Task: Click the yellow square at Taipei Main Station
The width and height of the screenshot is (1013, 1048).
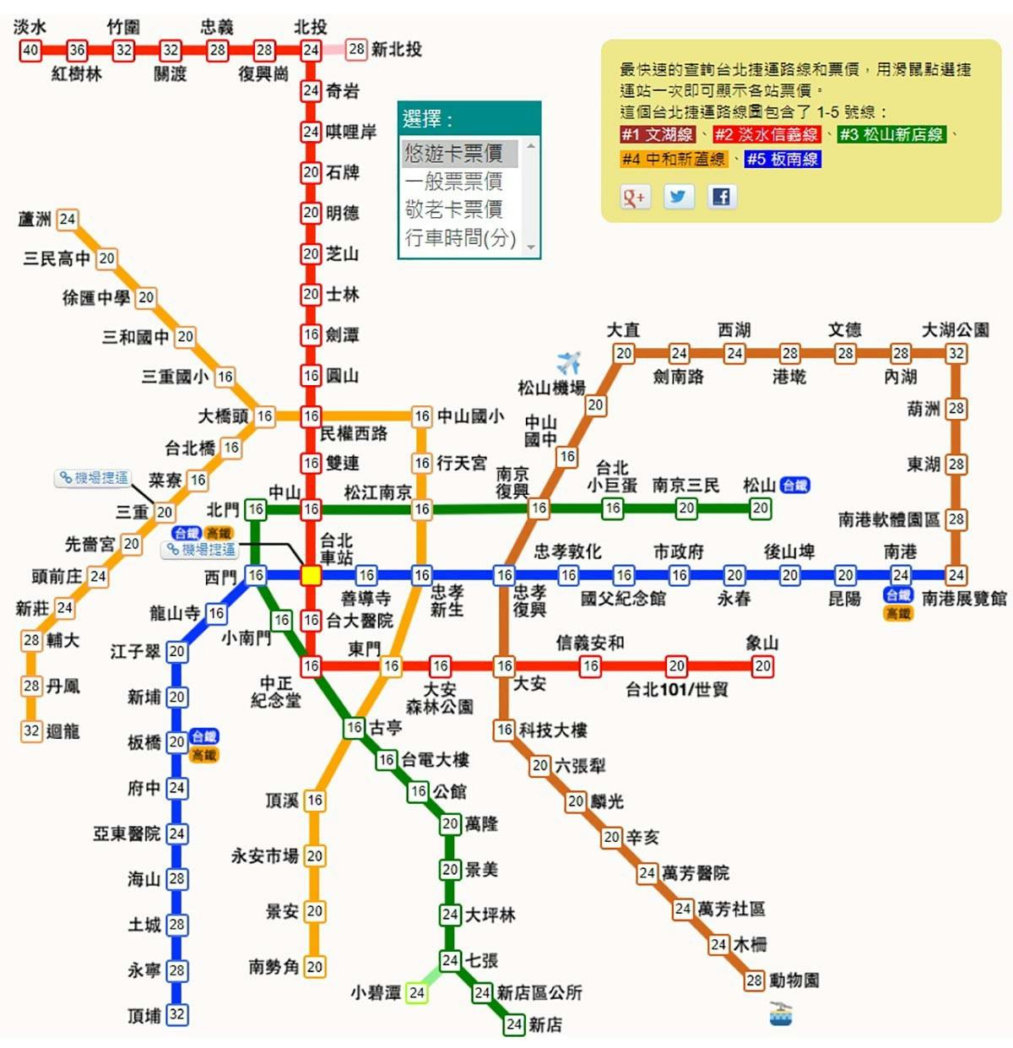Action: point(311,575)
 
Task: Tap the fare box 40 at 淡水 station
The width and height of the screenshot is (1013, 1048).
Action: point(30,50)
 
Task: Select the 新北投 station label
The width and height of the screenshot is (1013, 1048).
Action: point(396,49)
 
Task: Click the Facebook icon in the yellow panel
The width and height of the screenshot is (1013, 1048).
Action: point(721,197)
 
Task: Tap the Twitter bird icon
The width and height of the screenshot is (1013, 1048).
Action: point(678,197)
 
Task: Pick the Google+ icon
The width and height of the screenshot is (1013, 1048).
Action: point(634,197)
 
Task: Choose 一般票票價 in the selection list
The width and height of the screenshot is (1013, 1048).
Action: point(453,181)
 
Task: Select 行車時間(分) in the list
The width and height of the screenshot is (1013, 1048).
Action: point(460,237)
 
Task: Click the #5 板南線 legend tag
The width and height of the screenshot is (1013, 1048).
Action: point(783,159)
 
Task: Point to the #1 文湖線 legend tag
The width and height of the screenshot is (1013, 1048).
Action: point(658,134)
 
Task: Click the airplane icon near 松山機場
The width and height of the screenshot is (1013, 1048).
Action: point(569,362)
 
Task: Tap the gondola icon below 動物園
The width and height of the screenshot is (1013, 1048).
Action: point(781,1013)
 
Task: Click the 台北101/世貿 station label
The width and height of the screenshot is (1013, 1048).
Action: point(677,689)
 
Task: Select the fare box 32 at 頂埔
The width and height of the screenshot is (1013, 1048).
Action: point(176,1014)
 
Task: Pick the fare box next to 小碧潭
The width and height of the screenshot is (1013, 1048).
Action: point(416,993)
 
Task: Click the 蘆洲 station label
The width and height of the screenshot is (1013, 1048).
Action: point(35,220)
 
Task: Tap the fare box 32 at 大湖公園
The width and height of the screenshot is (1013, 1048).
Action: point(956,353)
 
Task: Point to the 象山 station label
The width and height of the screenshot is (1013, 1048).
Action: point(762,643)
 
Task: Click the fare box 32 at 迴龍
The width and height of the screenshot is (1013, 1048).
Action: point(32,730)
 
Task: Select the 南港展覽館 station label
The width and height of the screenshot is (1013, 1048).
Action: point(964,599)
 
